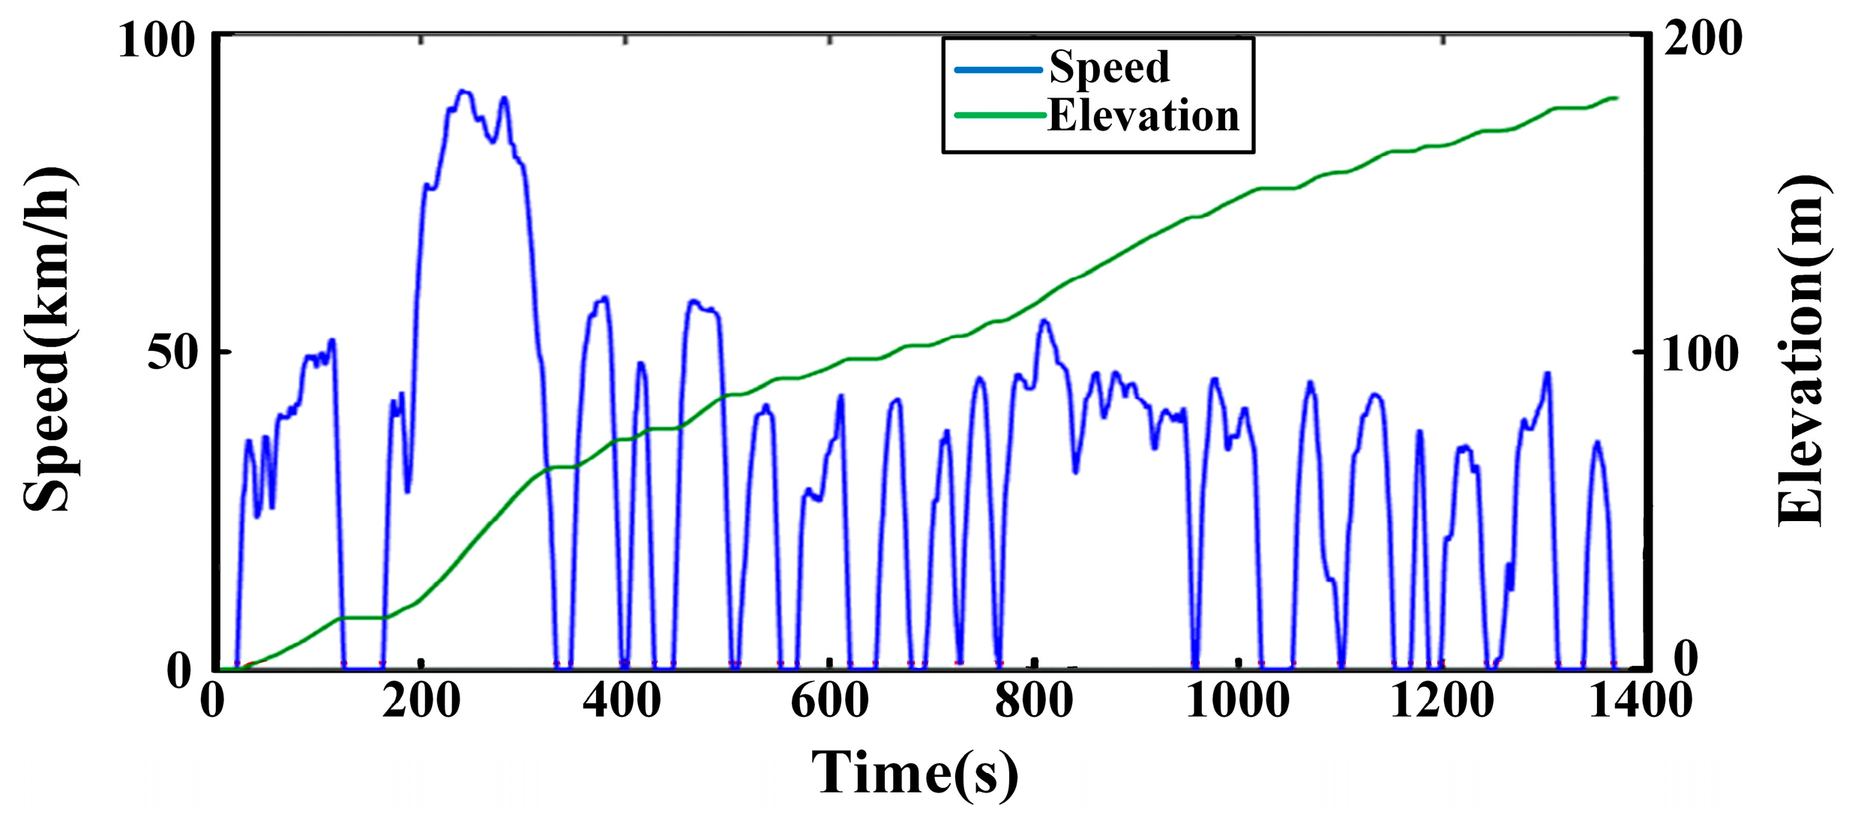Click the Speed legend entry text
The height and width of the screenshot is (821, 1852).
[1108, 67]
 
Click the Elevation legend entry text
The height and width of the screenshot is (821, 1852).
[1143, 116]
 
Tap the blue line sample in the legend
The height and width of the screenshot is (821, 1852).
[998, 70]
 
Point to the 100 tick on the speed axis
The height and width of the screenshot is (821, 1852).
[156, 40]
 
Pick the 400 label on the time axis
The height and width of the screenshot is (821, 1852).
[622, 702]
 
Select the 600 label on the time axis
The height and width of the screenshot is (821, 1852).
[829, 702]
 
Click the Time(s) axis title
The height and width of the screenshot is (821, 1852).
[915, 773]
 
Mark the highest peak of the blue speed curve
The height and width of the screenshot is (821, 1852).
[463, 91]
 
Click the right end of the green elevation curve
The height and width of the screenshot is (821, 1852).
[1617, 98]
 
